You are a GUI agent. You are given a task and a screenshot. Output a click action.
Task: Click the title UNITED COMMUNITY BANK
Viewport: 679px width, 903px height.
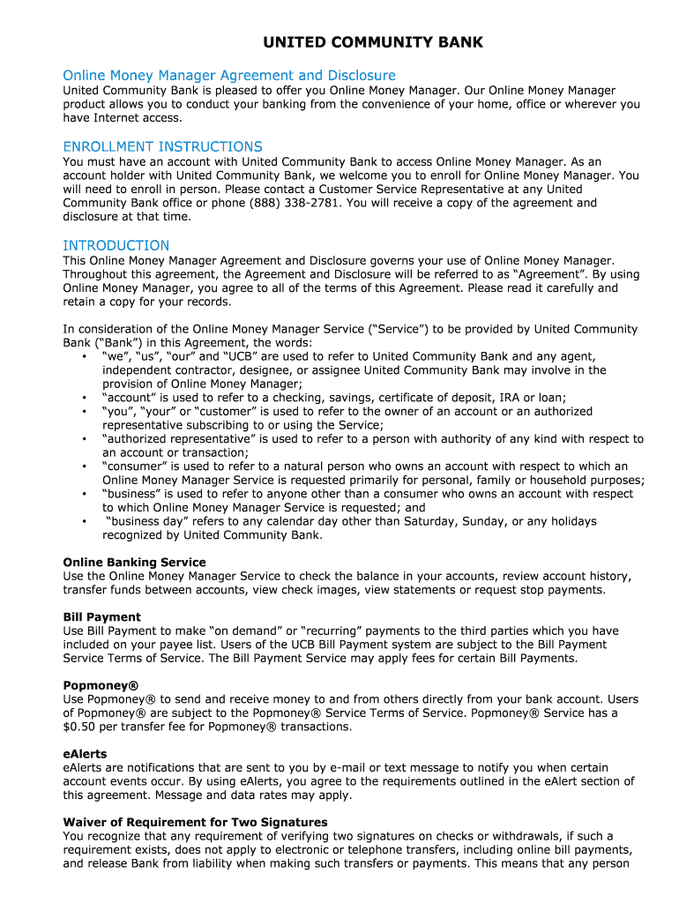click(x=373, y=42)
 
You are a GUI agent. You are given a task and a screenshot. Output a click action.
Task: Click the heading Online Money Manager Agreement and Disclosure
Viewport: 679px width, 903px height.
click(x=229, y=75)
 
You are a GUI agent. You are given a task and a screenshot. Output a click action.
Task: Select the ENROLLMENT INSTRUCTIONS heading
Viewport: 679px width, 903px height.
click(x=162, y=146)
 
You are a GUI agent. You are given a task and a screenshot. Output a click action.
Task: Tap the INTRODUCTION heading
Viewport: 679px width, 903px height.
click(x=116, y=245)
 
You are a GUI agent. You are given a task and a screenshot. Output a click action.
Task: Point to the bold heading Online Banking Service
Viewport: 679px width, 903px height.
click(x=134, y=563)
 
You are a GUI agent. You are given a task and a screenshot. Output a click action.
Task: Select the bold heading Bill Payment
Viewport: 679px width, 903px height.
click(x=101, y=617)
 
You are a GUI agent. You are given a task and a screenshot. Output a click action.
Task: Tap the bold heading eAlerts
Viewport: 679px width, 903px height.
click(x=85, y=754)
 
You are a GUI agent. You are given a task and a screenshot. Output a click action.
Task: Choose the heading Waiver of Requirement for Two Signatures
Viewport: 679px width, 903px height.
click(x=195, y=822)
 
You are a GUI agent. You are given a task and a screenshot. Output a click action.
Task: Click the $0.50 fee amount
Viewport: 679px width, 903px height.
click(x=79, y=727)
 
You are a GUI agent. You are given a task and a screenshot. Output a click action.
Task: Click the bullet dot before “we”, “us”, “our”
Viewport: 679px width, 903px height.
click(x=83, y=356)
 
